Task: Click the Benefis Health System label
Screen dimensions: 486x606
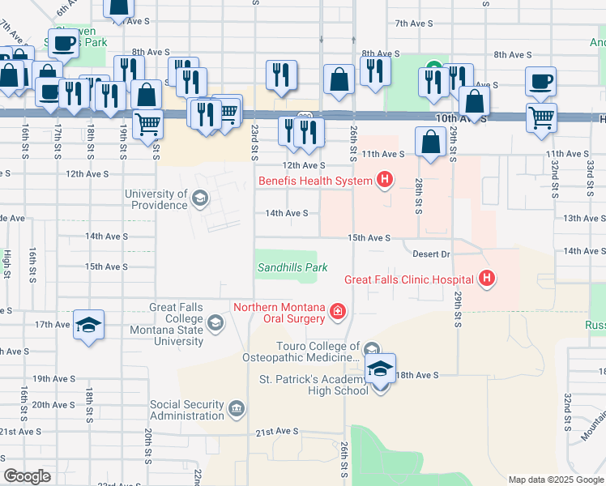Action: point(315,180)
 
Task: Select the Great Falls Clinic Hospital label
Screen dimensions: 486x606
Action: point(408,280)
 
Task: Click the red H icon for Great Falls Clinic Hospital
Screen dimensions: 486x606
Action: point(487,279)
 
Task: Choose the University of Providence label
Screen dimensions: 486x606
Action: point(156,199)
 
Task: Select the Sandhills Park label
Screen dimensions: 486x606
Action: point(292,266)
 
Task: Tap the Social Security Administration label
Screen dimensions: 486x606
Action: point(186,410)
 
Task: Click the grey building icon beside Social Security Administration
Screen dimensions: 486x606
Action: point(237,407)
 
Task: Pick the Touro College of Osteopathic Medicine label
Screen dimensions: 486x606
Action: point(301,352)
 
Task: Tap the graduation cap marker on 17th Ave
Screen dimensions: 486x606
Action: point(88,326)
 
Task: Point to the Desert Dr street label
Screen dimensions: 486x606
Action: point(430,254)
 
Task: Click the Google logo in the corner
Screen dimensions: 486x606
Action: point(28,476)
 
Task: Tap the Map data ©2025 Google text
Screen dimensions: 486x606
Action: point(555,480)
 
